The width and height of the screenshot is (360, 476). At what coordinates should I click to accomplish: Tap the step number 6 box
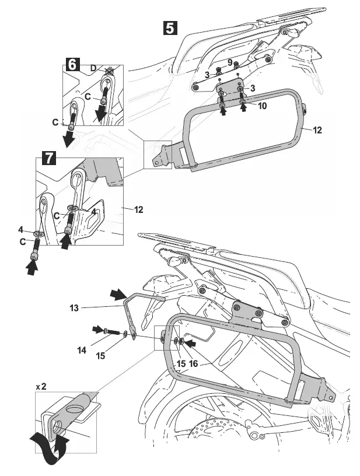point(71,64)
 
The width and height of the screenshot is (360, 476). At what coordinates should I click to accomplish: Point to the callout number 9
point(230,62)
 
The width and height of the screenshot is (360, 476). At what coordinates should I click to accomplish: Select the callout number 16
point(193,363)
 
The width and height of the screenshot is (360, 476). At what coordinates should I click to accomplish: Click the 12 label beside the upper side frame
point(317,130)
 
